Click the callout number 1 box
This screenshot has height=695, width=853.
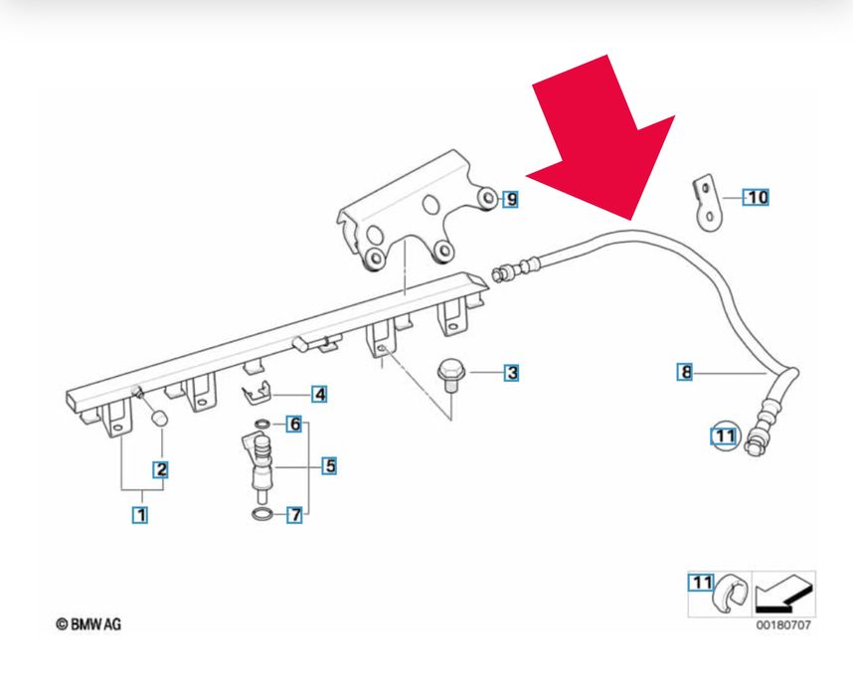(x=140, y=515)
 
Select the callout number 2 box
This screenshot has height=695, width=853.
(x=159, y=467)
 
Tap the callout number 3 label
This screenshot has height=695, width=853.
(x=511, y=373)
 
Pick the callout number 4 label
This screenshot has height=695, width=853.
(x=319, y=394)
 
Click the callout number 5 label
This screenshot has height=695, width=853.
(x=329, y=464)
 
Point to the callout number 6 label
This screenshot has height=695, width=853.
(x=294, y=425)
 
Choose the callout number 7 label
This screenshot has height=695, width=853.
(x=294, y=515)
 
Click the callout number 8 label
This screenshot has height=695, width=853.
(x=685, y=373)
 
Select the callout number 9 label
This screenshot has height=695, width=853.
(x=510, y=200)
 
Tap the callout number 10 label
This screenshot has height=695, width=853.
(x=758, y=197)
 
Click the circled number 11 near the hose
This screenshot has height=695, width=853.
(x=724, y=435)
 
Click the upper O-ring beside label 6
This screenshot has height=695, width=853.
(x=261, y=426)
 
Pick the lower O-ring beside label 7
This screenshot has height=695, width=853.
(x=260, y=514)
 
